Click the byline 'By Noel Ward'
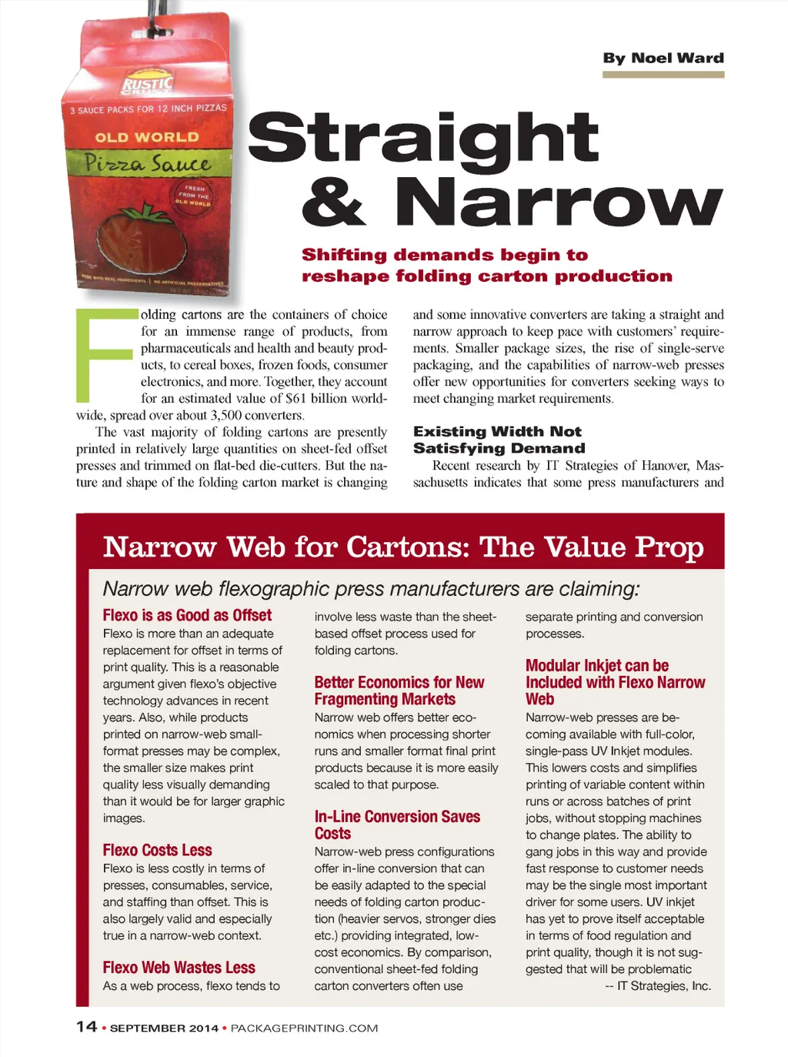[663, 58]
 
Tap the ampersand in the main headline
[333, 202]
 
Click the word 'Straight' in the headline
[422, 138]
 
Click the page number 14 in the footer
[86, 1026]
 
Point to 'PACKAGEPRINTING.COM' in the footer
[304, 1028]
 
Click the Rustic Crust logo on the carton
[149, 85]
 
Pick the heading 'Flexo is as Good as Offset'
[187, 615]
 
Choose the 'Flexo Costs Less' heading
[157, 850]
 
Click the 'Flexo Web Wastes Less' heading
[179, 968]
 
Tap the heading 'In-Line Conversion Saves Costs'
[396, 825]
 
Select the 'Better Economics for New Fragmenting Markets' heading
[399, 691]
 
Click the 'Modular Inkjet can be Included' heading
[615, 682]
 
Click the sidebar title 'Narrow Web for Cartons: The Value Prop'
[403, 547]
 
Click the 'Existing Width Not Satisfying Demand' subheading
[499, 440]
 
